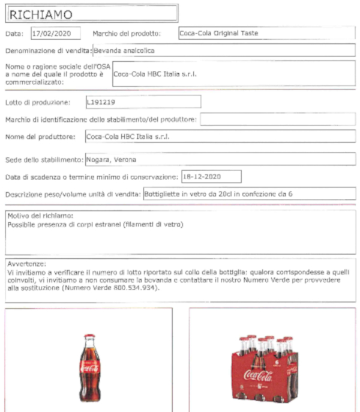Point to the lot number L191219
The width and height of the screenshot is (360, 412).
(x=100, y=102)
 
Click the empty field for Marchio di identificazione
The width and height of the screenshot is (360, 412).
(x=277, y=120)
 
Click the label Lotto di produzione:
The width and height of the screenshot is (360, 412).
(x=38, y=102)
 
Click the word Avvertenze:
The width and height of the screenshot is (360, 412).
(x=26, y=264)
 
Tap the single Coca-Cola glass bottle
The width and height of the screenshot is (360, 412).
(x=89, y=368)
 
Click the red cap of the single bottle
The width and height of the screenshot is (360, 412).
(x=89, y=337)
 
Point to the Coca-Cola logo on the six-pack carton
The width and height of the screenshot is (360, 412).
(x=259, y=377)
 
